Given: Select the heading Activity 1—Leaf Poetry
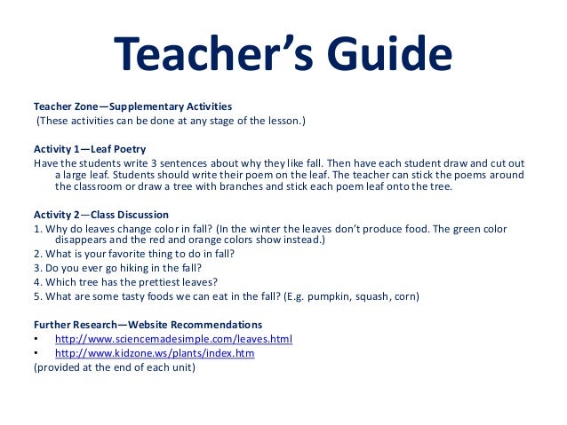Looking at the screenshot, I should pos(90,148).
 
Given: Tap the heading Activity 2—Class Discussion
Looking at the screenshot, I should pos(100,214).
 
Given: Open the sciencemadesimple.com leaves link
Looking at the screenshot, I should pos(173,339).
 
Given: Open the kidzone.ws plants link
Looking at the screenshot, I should pos(155,352).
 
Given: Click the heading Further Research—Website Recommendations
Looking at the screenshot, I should pos(148,324).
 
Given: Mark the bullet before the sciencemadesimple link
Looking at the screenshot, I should pos(36,339).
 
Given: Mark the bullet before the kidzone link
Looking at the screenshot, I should pos(36,353).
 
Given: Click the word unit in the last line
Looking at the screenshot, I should pos(183,366).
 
